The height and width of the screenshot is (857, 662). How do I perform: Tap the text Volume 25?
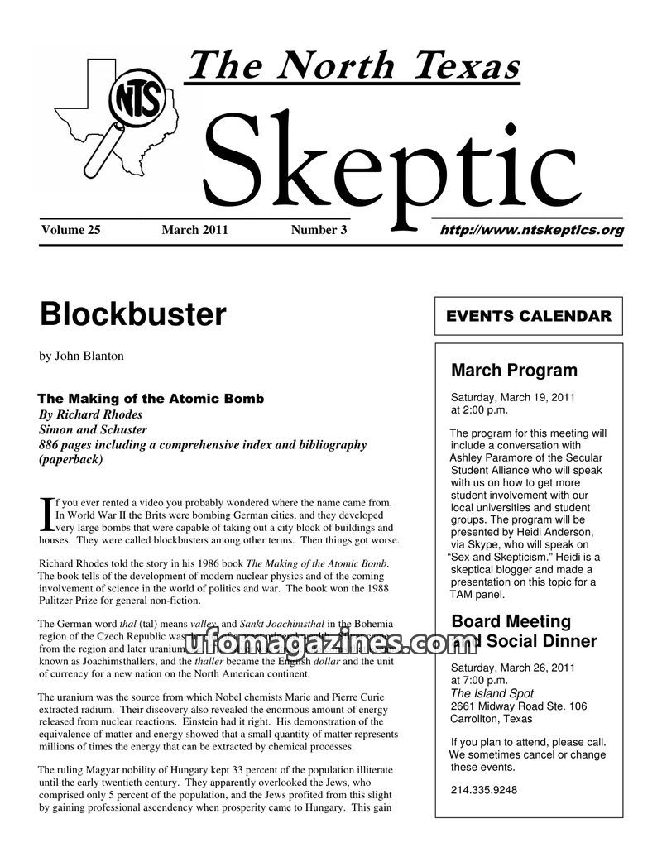70,230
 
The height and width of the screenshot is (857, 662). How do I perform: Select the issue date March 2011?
194,230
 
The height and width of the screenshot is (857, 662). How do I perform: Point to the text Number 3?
319,230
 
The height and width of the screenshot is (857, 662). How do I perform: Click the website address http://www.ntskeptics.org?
531,230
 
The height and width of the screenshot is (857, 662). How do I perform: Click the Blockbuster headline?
132,314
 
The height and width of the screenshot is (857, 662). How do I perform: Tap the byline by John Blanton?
81,356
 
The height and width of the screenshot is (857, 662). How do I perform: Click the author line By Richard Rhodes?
90,414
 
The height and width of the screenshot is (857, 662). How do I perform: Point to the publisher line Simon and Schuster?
93,429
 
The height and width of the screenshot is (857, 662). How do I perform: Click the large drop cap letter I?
46,514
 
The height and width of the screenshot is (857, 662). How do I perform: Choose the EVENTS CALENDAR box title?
529,316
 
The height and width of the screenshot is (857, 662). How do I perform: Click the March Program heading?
514,370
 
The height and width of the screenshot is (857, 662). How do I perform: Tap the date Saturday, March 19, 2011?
512,397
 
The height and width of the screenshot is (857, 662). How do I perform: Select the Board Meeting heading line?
511,621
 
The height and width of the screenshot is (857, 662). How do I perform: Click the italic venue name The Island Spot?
492,693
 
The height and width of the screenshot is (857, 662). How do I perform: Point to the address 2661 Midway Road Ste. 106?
519,706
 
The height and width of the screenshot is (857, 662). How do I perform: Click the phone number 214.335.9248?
484,790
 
